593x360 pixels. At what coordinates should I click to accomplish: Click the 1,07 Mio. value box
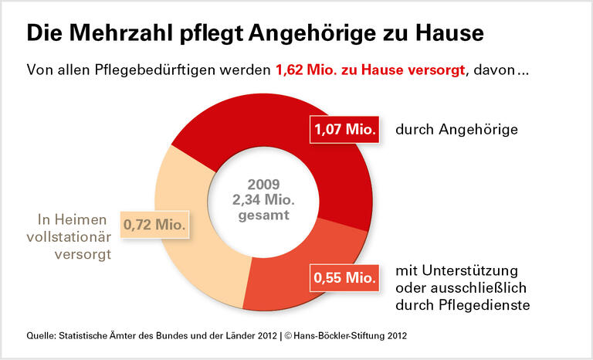point(345,130)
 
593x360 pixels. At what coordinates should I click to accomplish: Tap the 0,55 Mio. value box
point(345,277)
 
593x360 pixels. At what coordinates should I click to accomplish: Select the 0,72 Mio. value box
point(156,226)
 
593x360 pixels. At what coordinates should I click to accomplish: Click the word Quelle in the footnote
point(41,335)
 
